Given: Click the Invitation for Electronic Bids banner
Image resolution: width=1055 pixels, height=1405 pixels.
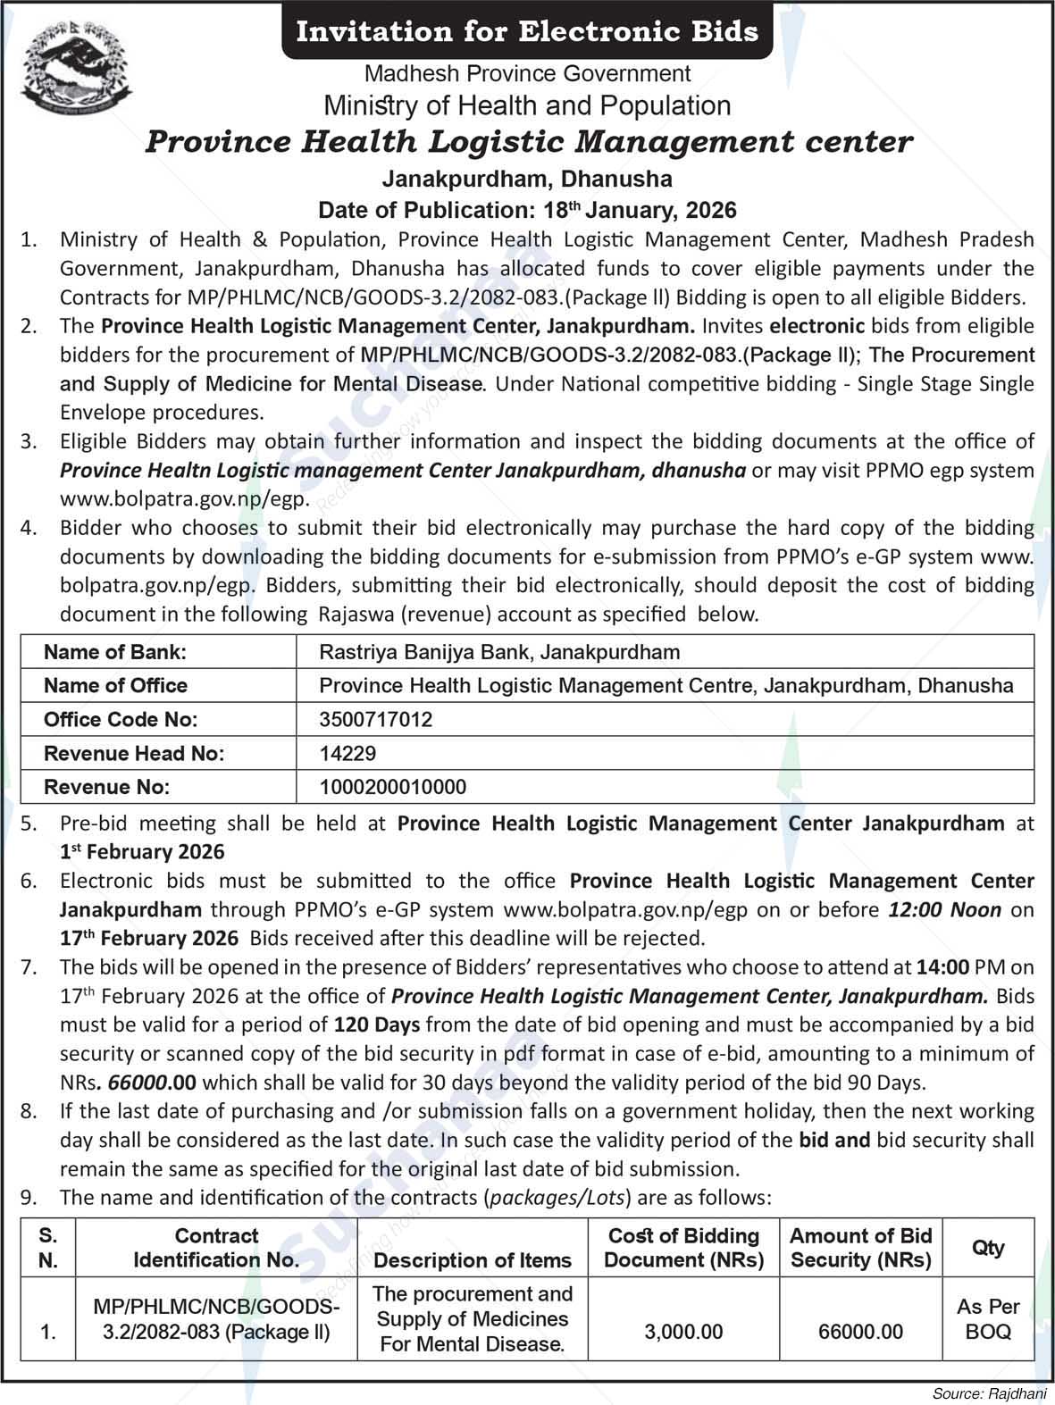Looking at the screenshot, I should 527,32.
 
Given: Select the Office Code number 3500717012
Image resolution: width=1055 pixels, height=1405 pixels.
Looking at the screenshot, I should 376,720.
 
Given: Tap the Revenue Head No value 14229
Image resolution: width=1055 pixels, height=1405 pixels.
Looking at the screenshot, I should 347,754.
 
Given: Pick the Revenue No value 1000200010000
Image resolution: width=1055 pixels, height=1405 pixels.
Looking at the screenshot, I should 392,788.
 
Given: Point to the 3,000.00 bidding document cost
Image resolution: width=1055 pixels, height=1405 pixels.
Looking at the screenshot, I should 683,1332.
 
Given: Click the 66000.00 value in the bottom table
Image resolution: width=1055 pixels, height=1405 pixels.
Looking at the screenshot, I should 860,1332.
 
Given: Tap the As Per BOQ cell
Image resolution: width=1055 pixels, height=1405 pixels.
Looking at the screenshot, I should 988,1319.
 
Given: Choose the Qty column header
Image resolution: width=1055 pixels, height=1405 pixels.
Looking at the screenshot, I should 988,1248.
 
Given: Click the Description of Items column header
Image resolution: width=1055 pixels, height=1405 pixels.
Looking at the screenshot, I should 472,1260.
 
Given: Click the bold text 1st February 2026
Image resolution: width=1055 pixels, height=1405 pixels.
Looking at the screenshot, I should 143,852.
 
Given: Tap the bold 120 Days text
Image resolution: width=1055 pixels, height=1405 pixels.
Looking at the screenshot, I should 376,1024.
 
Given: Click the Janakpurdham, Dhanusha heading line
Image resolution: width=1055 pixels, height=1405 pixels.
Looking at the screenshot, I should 527,179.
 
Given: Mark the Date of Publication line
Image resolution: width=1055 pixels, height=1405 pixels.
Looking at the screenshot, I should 527,211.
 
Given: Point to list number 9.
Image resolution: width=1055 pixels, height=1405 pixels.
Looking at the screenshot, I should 29,1198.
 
